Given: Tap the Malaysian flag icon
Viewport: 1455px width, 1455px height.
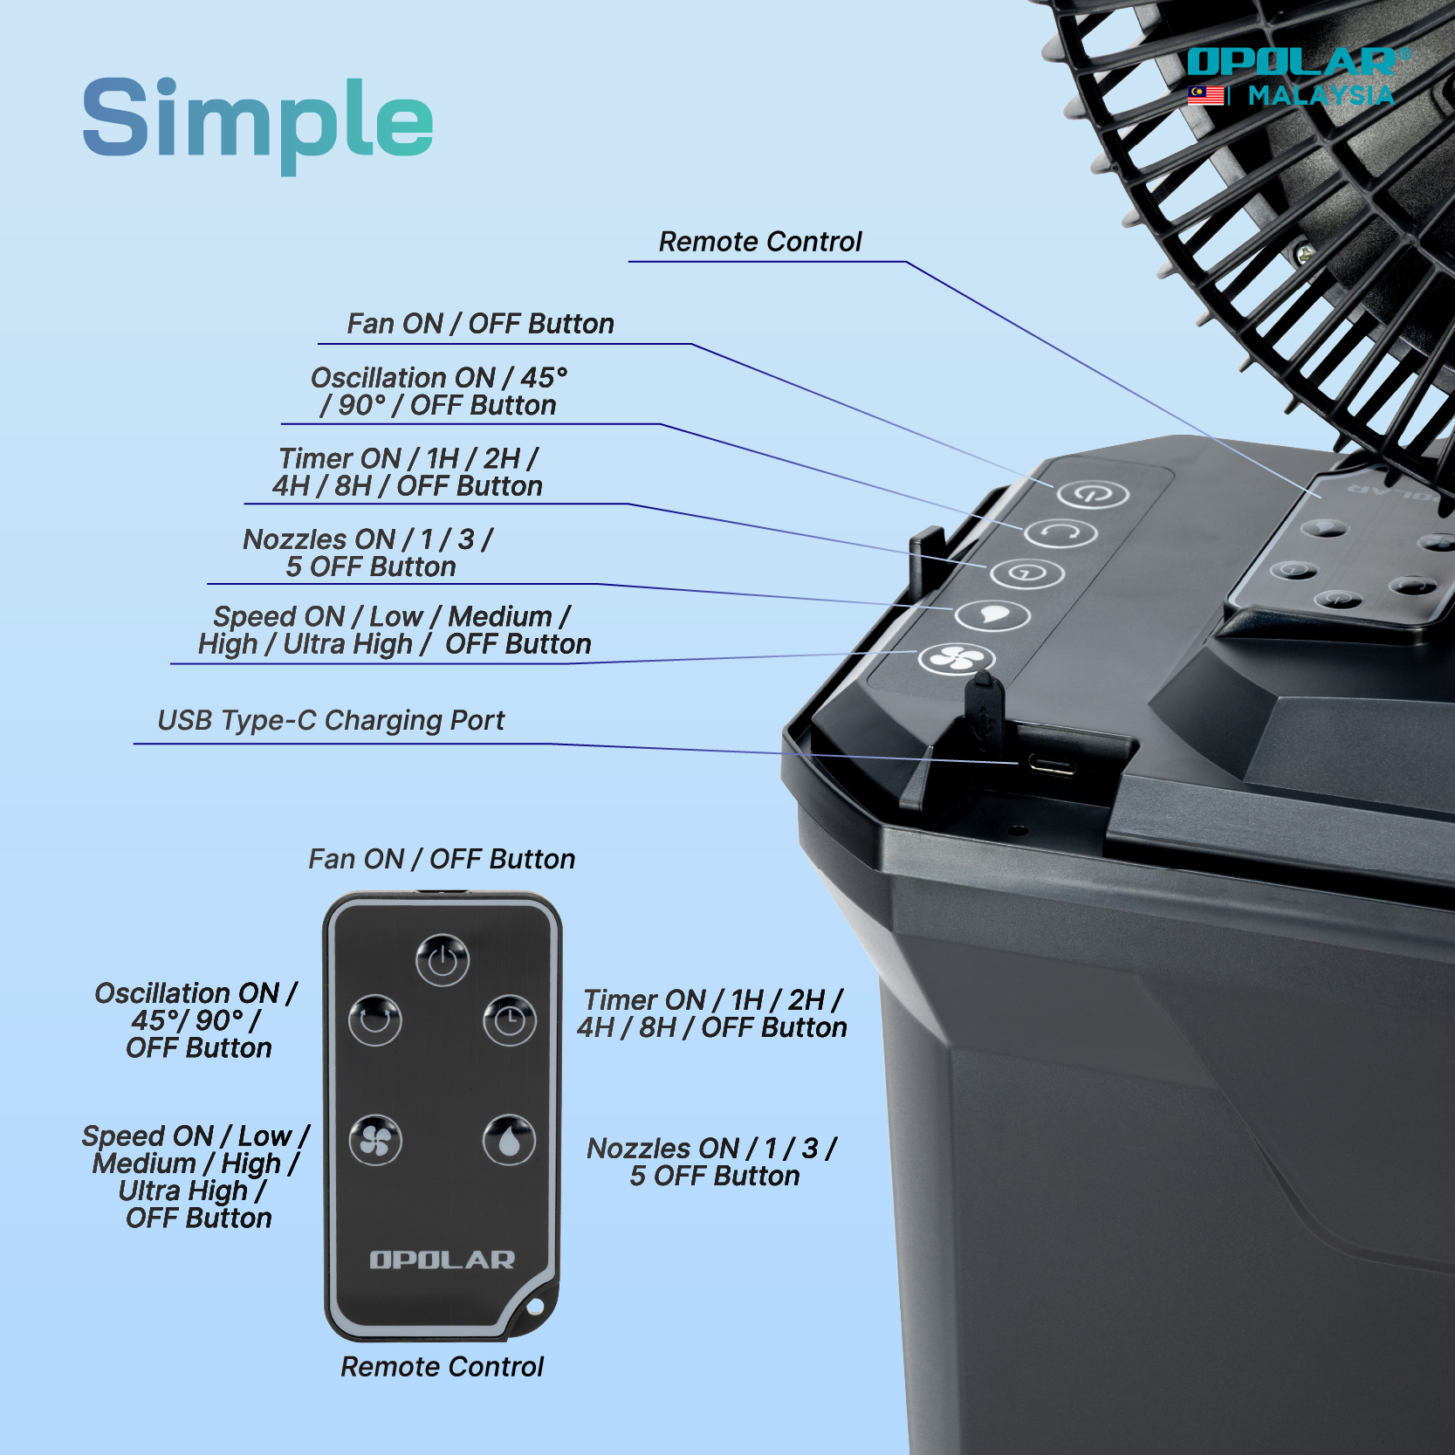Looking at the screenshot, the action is click(x=1205, y=94).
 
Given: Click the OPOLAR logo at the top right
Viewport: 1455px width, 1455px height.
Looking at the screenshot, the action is click(x=1297, y=62).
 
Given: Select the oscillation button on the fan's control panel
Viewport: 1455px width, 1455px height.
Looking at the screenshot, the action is click(x=1060, y=532).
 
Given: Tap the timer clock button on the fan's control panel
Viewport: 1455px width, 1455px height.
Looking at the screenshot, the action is click(x=1026, y=573).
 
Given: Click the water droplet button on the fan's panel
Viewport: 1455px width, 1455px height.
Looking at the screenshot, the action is click(x=992, y=614).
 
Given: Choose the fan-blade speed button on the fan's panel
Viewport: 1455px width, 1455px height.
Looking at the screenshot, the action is click(x=956, y=657).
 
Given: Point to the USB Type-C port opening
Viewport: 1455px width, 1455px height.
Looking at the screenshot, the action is click(x=1051, y=765).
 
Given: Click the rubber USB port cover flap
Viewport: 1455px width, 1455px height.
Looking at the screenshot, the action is click(x=984, y=711).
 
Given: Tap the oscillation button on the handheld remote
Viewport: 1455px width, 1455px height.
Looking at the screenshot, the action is click(x=375, y=1019).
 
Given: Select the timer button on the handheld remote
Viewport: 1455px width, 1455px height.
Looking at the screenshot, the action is click(x=510, y=1019).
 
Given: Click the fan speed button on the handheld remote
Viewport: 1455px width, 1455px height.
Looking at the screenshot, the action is click(x=375, y=1140).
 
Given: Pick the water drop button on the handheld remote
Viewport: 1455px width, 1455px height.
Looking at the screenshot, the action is click(x=510, y=1140).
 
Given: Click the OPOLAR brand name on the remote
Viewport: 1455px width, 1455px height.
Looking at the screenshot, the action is click(x=443, y=1259).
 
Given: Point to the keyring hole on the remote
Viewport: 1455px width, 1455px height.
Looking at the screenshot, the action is click(x=535, y=1307).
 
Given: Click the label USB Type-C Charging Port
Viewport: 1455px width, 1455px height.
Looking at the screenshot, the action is click(x=331, y=721).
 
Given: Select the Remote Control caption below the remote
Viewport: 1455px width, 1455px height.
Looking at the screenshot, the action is click(x=442, y=1367).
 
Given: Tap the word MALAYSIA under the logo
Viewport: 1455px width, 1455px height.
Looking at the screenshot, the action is click(x=1321, y=95).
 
